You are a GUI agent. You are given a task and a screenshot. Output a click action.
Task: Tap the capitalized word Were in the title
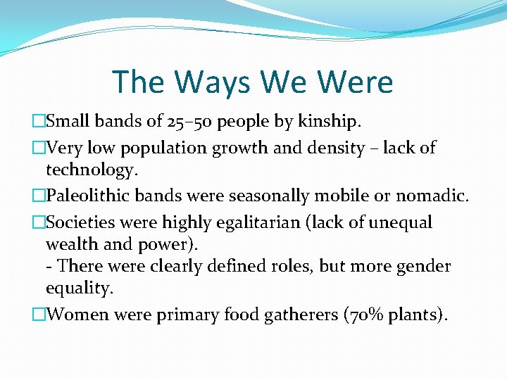pos(356,82)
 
